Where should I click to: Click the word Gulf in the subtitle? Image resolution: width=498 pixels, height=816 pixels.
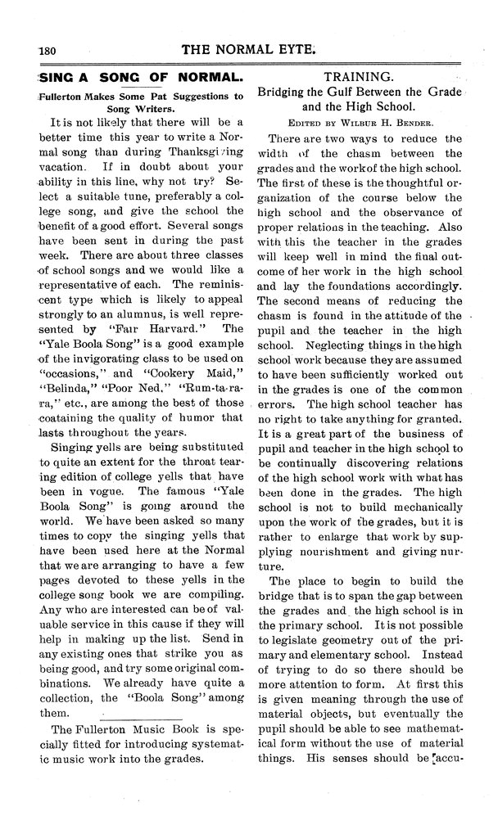click(329, 91)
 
